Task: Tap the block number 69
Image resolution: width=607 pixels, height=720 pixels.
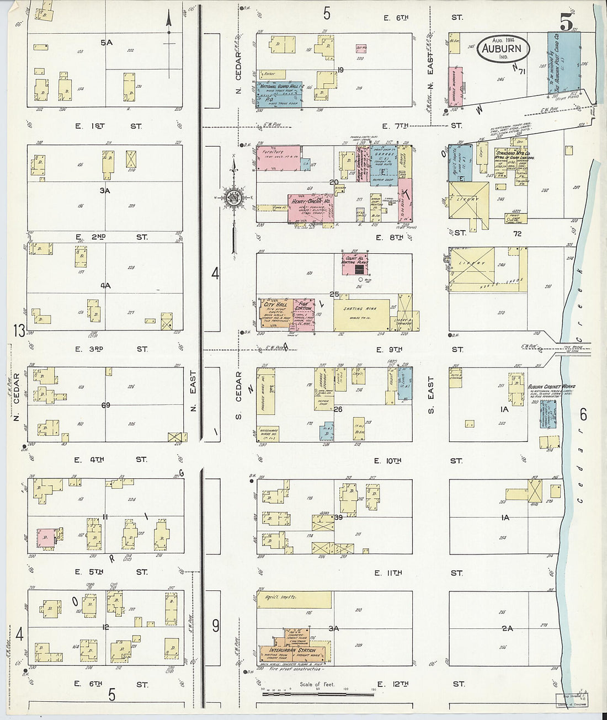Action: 105,405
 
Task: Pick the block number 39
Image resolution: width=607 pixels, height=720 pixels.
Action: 338,517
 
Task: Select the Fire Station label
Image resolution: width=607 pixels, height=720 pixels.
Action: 303,305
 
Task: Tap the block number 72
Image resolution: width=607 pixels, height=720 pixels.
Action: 517,234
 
